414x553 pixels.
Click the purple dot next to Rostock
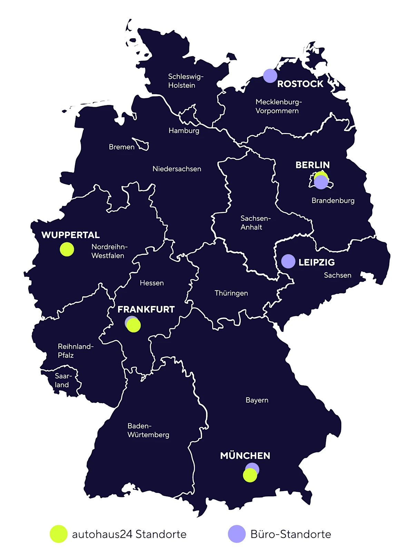(x=270, y=76)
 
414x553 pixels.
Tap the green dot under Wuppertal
(x=67, y=249)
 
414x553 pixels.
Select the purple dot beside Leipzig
(x=288, y=261)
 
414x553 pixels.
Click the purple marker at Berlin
(x=321, y=182)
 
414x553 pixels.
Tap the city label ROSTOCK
(x=300, y=84)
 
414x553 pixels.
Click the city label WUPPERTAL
(x=71, y=235)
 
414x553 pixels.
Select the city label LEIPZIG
(x=316, y=262)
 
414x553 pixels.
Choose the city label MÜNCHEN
(x=245, y=456)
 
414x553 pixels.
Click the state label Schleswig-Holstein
(x=186, y=81)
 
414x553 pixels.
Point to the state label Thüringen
(x=231, y=293)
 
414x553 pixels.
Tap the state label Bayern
(x=257, y=400)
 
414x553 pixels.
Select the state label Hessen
(x=151, y=283)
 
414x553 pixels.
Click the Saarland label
(x=63, y=380)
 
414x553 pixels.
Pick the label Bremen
(x=121, y=147)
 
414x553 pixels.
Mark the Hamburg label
(x=184, y=130)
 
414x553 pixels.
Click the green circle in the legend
(x=58, y=534)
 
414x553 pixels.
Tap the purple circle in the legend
(x=237, y=534)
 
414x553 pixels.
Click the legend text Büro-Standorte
(x=290, y=534)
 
